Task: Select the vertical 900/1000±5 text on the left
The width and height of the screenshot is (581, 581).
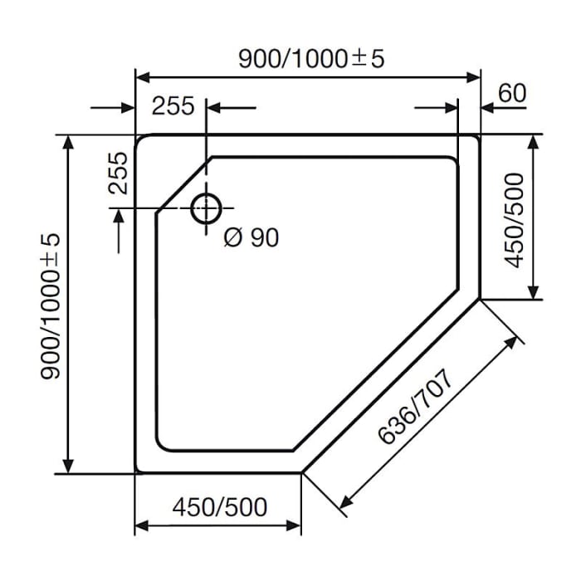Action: click(x=51, y=305)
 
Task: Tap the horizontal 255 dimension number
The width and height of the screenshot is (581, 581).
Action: click(x=173, y=106)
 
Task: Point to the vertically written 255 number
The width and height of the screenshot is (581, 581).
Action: click(x=118, y=173)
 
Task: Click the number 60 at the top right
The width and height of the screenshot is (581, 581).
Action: click(x=512, y=93)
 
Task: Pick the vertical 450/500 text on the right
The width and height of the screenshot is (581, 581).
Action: click(x=515, y=220)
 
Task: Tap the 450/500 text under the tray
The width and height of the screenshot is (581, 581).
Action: click(x=220, y=506)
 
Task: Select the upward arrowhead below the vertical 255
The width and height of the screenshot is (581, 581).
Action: click(x=122, y=215)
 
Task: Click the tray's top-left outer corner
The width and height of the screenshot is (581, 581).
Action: click(x=137, y=135)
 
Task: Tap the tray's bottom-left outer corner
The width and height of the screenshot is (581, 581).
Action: click(x=137, y=471)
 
